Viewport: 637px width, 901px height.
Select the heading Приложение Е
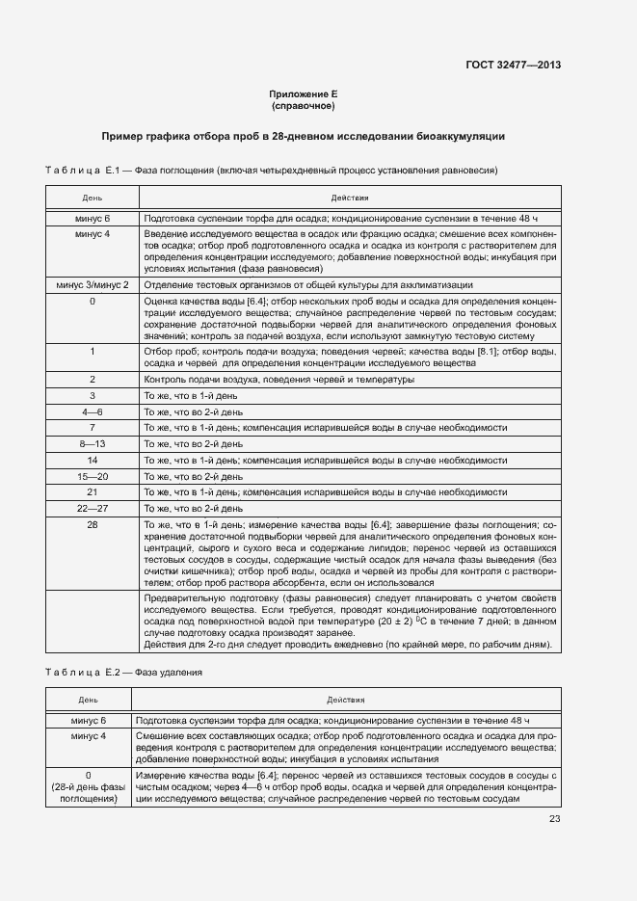tap(303, 94)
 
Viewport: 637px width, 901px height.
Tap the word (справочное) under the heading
tap(303, 106)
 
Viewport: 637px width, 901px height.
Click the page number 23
tap(554, 819)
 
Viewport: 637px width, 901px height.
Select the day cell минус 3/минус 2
tap(93, 285)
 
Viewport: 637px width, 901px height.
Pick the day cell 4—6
tap(93, 411)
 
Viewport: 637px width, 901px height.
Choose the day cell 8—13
tap(93, 444)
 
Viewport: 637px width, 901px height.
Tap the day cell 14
tap(93, 461)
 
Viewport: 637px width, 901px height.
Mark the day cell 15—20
tap(93, 476)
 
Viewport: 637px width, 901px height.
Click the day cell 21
tap(93, 492)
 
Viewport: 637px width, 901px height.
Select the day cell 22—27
tap(93, 508)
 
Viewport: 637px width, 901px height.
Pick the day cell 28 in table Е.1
tap(93, 524)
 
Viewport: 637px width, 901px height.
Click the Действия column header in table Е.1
tap(349, 198)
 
